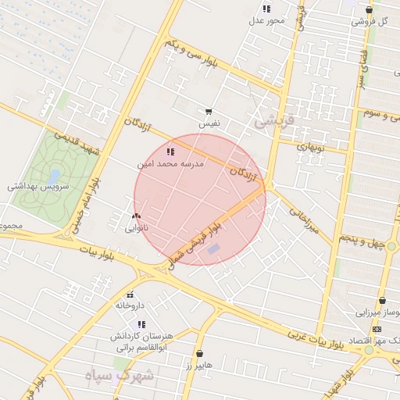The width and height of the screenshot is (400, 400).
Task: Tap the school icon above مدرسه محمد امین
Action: click(170, 152)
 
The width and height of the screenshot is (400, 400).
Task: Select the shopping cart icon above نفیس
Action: click(209, 112)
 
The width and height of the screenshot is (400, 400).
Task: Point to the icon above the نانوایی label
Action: click(137, 216)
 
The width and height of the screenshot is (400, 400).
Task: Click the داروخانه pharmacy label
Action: click(130, 305)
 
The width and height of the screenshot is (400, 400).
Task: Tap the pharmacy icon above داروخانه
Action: click(130, 295)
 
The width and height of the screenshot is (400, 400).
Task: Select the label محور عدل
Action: click(266, 20)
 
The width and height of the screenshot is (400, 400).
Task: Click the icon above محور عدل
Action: click(266, 9)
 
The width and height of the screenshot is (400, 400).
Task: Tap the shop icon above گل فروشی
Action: click(369, 9)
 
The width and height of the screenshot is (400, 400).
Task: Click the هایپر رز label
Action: click(199, 365)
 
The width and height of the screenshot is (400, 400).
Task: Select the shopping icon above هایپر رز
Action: click(200, 354)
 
